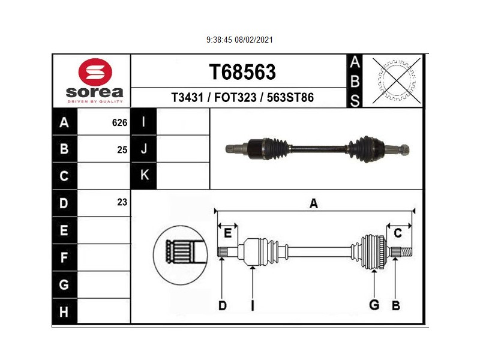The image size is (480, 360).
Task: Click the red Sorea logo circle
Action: (95, 72)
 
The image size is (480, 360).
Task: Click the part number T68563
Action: (242, 72)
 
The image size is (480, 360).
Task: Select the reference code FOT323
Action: (235, 98)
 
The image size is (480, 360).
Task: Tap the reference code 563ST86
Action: (290, 98)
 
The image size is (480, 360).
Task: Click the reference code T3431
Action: (187, 98)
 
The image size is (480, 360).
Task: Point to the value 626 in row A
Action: (119, 123)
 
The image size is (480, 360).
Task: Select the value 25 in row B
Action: (122, 149)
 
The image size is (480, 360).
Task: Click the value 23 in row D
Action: (122, 202)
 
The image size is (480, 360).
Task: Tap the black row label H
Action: (65, 311)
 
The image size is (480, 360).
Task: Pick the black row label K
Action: (143, 175)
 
